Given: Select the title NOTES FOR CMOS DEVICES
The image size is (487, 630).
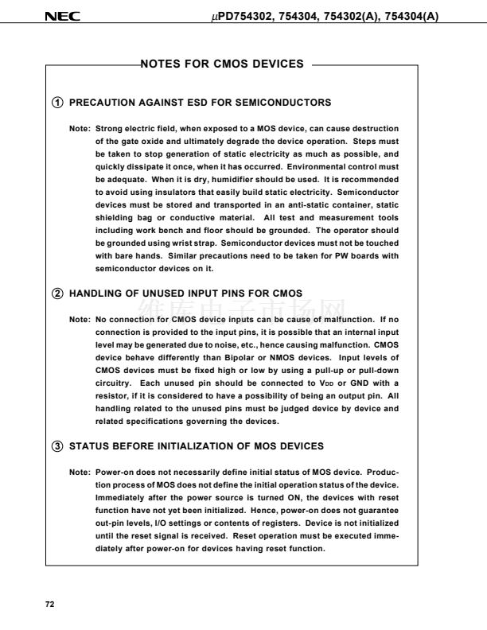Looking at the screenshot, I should [222, 64].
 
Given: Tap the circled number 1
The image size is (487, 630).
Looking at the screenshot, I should [58, 103].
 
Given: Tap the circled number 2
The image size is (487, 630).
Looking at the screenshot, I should [58, 294].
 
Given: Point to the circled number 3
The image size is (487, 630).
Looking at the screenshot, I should [58, 445].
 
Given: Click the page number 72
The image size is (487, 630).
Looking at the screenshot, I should [49, 605].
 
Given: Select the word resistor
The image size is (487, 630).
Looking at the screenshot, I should [112, 396].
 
